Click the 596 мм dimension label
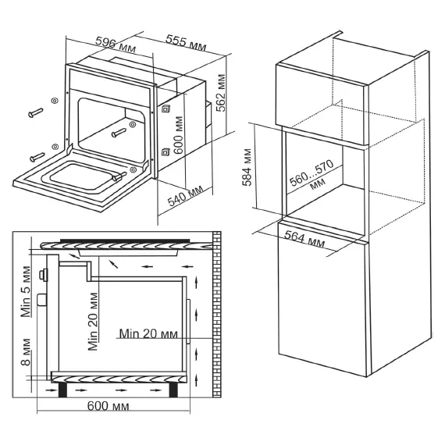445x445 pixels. (116, 44)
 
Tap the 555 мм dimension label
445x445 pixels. (186, 43)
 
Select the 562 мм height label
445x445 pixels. (221, 93)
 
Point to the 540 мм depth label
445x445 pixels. (185, 196)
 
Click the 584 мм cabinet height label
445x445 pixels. (247, 167)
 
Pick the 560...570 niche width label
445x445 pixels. (311, 176)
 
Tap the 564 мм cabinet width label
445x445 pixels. (304, 239)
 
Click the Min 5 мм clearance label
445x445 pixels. (26, 291)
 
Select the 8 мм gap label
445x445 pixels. (26, 352)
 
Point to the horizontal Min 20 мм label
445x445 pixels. (148, 333)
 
